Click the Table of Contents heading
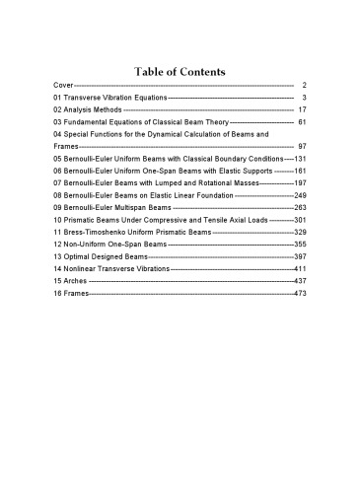(x=180, y=72)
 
